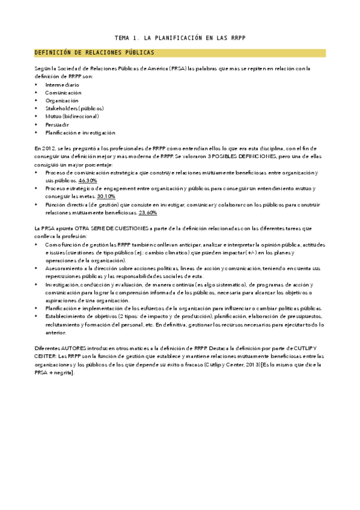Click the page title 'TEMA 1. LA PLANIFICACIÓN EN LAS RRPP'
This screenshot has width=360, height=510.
[x=180, y=38]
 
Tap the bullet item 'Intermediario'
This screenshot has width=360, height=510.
[x=62, y=85]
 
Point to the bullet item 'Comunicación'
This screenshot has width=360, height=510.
[x=63, y=93]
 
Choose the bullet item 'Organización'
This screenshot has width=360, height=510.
[x=63, y=100]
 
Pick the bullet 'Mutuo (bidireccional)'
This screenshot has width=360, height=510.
[x=72, y=116]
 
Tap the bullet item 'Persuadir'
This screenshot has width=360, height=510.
[x=57, y=124]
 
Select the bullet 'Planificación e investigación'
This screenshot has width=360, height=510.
[x=80, y=132]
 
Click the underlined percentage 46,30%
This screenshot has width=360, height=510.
[x=88, y=180]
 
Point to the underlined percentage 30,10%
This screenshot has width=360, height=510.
[x=106, y=196]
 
